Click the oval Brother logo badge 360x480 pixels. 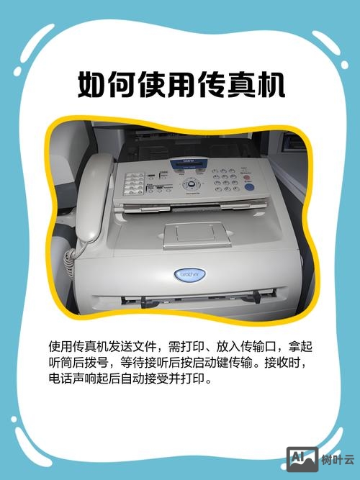pyautogui.click(x=189, y=276)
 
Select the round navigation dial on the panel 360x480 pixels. pyautogui.click(x=190, y=183)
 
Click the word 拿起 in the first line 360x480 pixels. pyautogui.click(x=300, y=345)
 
